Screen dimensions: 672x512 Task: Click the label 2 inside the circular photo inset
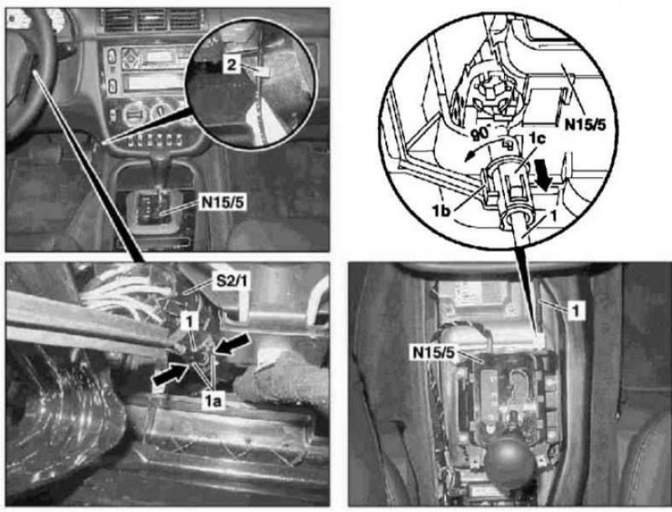(x=231, y=65)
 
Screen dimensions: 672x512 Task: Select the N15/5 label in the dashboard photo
(x=223, y=202)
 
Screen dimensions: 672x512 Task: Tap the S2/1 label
(x=231, y=282)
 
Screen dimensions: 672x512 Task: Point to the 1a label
(x=213, y=401)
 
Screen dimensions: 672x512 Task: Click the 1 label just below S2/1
(x=189, y=322)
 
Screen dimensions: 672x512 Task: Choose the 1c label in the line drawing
(x=536, y=139)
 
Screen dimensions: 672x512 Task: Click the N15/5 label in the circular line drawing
(x=585, y=125)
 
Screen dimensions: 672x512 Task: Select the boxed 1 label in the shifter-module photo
(x=576, y=311)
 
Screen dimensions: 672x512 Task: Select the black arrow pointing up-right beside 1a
(x=171, y=373)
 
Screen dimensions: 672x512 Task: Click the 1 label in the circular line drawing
(x=554, y=216)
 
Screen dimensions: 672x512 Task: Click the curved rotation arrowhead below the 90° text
(x=470, y=157)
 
